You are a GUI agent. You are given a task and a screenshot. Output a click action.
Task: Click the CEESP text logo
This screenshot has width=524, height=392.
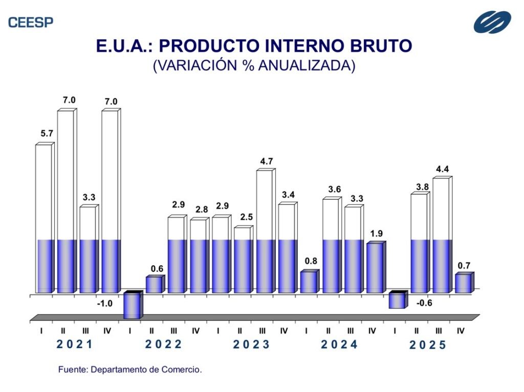[31, 22]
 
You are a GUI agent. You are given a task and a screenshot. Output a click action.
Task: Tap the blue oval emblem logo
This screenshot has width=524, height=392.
[492, 22]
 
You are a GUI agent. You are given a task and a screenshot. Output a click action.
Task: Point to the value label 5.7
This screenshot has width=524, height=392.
[47, 134]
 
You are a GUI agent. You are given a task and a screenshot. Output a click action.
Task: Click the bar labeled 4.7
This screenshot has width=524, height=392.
[265, 230]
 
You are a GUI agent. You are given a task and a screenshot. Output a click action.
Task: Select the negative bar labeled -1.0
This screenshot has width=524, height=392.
[132, 306]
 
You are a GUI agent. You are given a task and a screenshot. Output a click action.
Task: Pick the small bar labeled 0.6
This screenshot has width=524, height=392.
[154, 285]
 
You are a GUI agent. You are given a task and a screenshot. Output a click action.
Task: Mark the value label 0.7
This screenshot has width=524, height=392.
[464, 265]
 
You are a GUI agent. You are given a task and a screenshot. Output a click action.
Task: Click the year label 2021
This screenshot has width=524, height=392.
[74, 344]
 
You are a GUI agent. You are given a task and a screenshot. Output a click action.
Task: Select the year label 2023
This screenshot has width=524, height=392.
[251, 344]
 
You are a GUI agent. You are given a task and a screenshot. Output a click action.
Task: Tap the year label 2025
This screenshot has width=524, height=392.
[428, 345]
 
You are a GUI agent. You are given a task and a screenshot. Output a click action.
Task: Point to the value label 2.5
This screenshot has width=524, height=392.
[246, 217]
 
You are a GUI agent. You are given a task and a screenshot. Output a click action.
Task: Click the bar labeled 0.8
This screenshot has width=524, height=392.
[309, 282]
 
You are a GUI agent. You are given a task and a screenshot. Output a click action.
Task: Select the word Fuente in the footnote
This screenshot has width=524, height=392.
[70, 369]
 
